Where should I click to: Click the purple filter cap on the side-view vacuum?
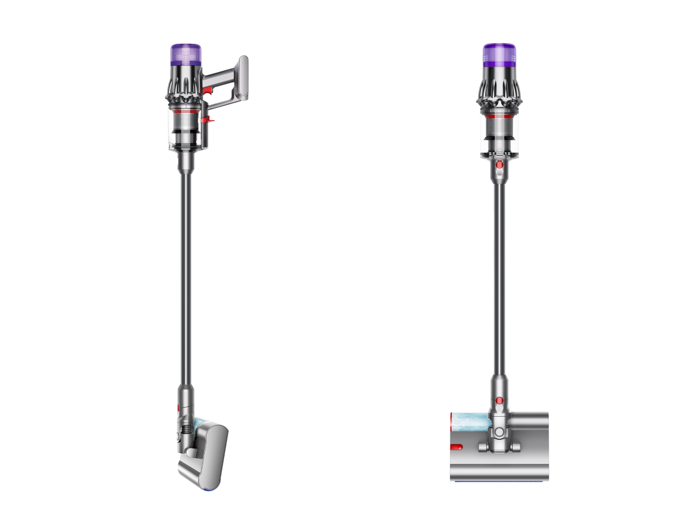[186, 54]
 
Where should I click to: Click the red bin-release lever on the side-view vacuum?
[209, 119]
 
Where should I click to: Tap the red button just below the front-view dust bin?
[499, 165]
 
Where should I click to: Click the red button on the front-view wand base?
[499, 401]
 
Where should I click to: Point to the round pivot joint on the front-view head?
[499, 433]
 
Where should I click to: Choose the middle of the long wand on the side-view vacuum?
[186, 273]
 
